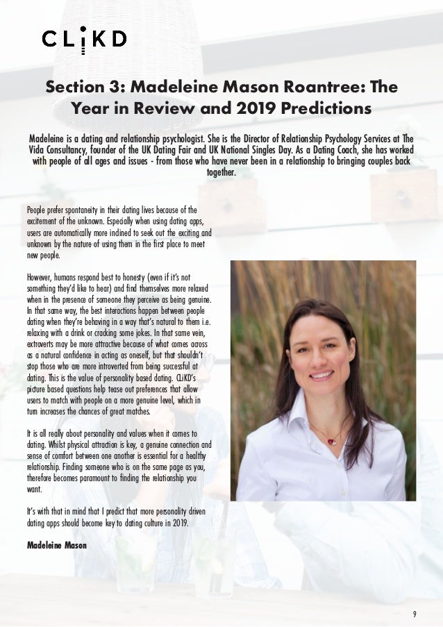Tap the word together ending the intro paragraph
(x=221, y=173)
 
